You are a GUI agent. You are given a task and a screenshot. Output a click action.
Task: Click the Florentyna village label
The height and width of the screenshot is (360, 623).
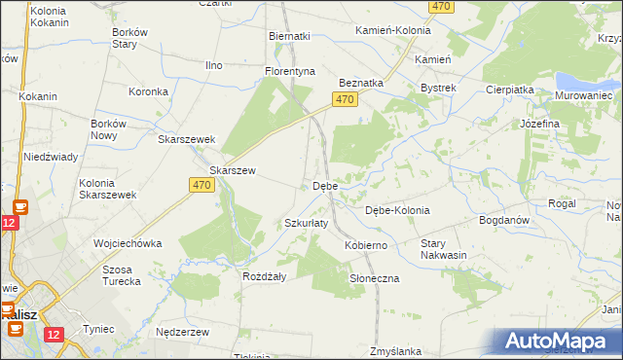(x=291, y=71)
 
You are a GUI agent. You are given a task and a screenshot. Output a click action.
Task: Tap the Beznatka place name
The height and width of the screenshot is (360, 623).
(x=361, y=84)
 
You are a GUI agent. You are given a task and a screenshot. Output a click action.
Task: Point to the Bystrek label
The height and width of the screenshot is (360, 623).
(x=438, y=88)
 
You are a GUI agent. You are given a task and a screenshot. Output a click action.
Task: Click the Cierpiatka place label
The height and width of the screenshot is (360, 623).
(x=510, y=89)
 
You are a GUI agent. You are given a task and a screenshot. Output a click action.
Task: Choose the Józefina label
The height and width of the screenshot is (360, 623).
(x=539, y=125)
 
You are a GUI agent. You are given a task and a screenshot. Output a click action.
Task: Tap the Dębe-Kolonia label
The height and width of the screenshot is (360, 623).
(x=397, y=210)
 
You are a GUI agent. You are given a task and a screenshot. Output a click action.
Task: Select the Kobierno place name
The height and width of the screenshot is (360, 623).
(x=366, y=245)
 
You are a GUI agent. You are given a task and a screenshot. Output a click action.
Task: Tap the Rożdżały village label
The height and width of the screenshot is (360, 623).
(x=263, y=275)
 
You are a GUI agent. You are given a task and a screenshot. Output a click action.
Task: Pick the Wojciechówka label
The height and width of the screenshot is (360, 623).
(x=127, y=242)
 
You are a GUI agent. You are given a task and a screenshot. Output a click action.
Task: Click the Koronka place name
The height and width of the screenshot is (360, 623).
(x=150, y=92)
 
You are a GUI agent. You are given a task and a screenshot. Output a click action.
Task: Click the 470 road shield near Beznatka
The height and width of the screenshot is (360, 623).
(x=342, y=100)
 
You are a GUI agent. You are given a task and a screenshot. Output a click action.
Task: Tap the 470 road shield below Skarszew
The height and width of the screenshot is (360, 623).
(x=202, y=185)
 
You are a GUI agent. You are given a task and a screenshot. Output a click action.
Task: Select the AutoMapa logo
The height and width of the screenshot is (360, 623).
(x=560, y=342)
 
